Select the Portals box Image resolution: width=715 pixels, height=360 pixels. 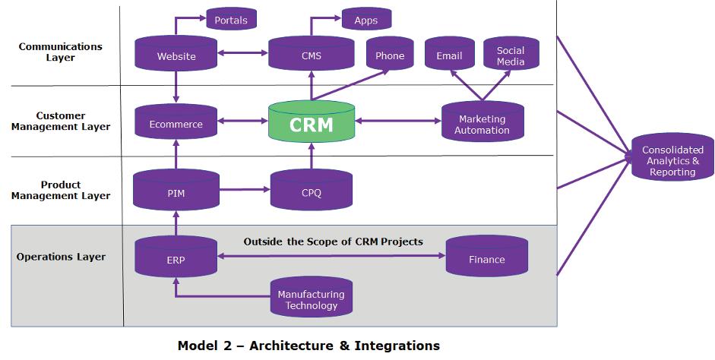click(231, 20)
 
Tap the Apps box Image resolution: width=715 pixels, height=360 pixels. click(365, 20)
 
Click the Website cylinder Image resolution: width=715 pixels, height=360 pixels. click(176, 55)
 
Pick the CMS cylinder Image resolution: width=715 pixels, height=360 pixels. click(311, 55)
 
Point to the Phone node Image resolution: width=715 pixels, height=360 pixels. click(390, 55)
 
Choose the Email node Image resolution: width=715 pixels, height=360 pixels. click(449, 55)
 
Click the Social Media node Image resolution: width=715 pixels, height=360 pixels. click(511, 55)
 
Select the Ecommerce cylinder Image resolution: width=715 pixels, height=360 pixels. click(176, 123)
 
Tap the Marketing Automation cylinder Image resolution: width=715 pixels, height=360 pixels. click(482, 124)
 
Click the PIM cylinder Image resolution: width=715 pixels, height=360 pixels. click(176, 191)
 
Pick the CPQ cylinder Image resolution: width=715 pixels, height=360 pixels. click(311, 191)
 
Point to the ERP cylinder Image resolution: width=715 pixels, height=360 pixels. click(176, 258)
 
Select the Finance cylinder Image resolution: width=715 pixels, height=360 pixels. click(486, 258)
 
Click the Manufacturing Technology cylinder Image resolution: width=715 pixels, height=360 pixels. click(311, 298)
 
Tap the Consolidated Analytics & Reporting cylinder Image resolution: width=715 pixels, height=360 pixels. click(672, 159)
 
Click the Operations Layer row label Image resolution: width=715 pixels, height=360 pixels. click(61, 257)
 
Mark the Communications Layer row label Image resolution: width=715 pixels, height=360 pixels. click(60, 52)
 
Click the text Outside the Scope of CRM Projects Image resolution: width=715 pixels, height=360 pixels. click(333, 242)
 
